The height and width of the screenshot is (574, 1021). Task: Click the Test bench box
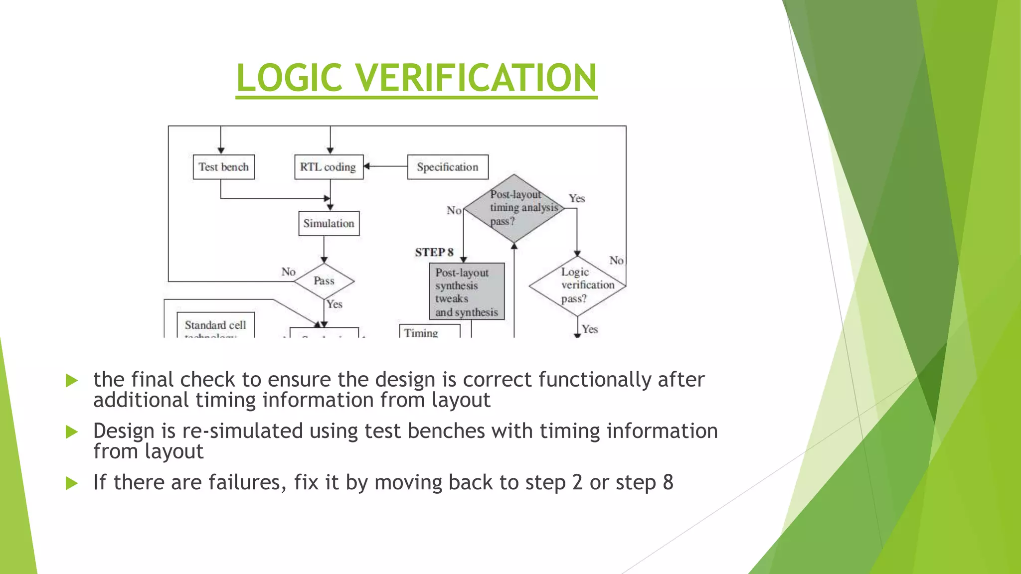click(223, 167)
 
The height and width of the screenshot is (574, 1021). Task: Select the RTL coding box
click(329, 167)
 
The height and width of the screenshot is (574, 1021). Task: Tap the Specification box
click(447, 167)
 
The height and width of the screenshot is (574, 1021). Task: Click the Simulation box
click(329, 223)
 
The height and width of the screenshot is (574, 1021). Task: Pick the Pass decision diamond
click(324, 281)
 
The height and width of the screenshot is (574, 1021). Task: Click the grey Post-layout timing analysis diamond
click(514, 208)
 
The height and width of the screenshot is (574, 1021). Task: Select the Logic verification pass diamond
click(577, 286)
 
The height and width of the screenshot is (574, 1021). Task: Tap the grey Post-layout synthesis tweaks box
click(467, 291)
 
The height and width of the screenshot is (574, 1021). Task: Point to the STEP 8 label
click(434, 253)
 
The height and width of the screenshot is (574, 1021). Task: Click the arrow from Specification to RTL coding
click(386, 166)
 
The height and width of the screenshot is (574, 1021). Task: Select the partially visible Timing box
click(429, 332)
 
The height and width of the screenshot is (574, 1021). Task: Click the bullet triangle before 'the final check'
click(72, 381)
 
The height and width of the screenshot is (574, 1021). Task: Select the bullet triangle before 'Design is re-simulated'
click(72, 432)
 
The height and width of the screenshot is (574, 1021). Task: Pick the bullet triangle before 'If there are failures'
click(72, 483)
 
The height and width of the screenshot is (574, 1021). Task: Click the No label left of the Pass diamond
click(288, 272)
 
